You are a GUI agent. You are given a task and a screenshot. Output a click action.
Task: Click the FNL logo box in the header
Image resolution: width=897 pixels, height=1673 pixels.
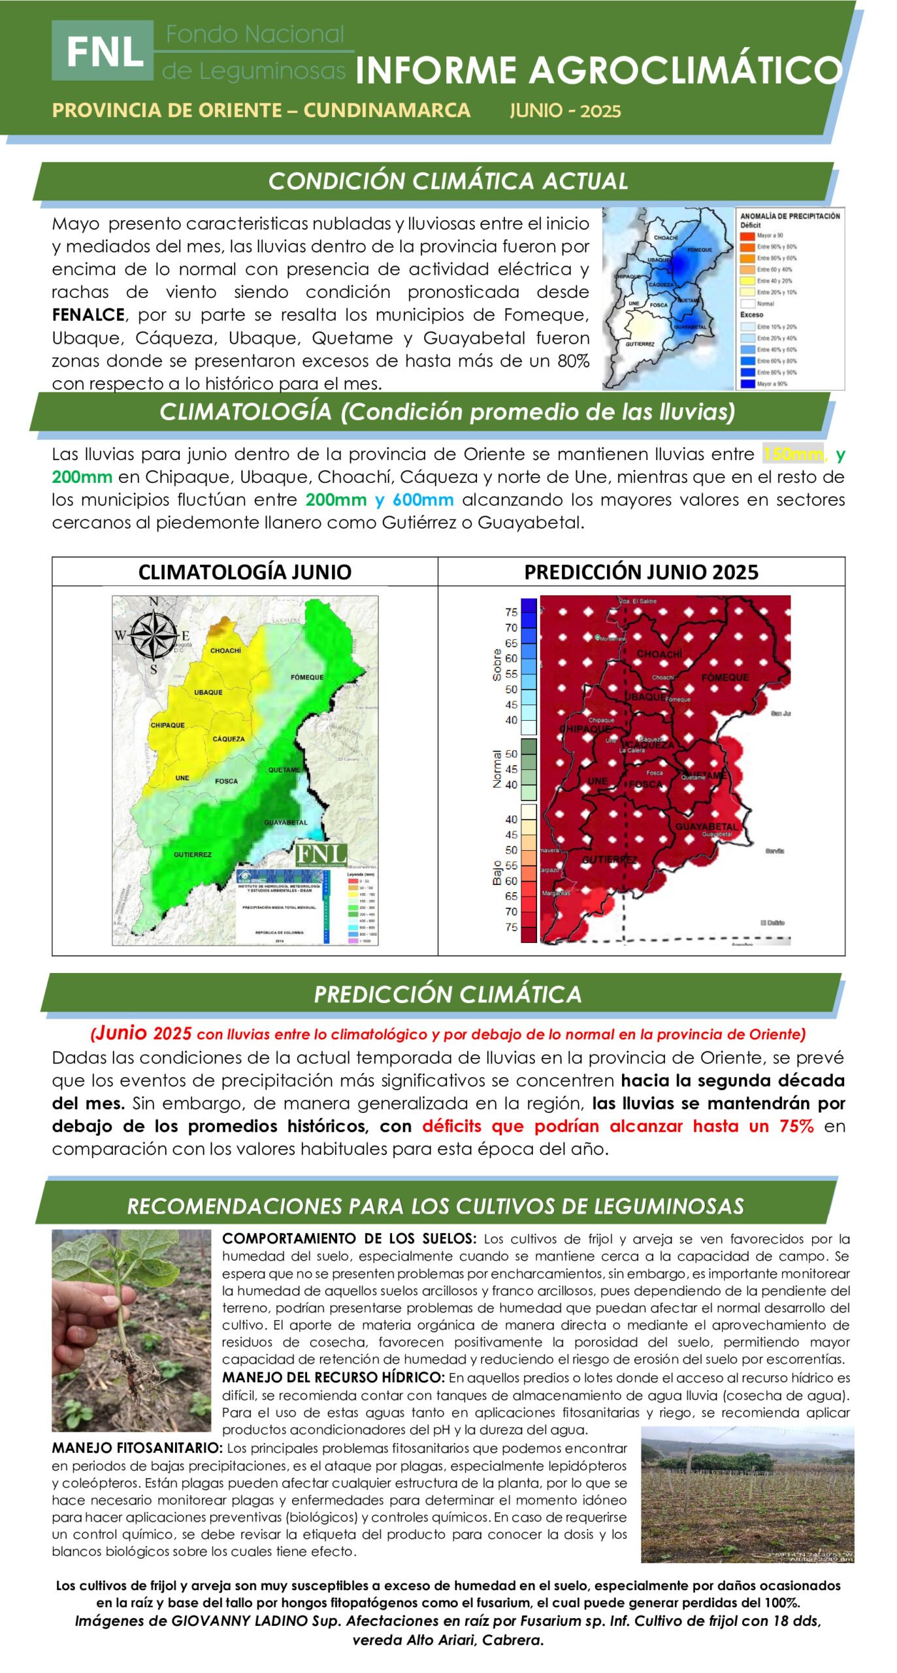(x=103, y=50)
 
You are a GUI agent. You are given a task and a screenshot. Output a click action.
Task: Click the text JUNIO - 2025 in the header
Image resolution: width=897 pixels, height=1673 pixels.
(x=565, y=110)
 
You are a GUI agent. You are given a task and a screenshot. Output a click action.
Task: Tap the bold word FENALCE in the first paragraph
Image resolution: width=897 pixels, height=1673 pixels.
(x=88, y=315)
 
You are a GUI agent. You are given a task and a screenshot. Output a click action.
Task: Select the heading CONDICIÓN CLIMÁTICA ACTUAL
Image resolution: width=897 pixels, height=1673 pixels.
(x=448, y=181)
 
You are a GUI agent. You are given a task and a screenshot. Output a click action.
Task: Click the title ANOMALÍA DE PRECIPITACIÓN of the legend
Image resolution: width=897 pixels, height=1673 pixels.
(x=790, y=216)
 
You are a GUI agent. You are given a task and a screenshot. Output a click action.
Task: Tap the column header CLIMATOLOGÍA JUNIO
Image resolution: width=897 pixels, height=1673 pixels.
(x=244, y=572)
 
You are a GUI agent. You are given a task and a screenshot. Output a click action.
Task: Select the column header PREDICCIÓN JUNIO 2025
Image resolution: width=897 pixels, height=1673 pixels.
(x=641, y=572)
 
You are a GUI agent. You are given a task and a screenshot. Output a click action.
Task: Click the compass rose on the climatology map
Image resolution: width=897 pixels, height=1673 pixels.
(x=154, y=635)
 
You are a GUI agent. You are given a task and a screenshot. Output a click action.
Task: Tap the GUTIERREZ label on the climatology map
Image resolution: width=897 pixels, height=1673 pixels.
(x=193, y=854)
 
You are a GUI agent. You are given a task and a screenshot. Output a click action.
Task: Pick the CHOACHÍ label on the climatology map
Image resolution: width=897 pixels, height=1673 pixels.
(x=225, y=651)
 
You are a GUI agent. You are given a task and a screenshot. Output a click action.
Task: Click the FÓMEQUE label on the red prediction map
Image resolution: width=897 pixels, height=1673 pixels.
(x=725, y=678)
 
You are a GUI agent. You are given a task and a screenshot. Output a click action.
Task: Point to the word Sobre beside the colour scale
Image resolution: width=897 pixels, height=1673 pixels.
(x=497, y=665)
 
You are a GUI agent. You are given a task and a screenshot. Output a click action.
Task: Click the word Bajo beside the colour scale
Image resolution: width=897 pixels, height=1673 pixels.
(x=497, y=872)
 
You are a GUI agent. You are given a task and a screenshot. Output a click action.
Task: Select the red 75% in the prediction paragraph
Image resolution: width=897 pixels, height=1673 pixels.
(x=796, y=1126)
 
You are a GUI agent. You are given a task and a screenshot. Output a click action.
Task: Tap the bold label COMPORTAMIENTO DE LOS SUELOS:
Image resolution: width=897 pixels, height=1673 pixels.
(x=349, y=1238)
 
